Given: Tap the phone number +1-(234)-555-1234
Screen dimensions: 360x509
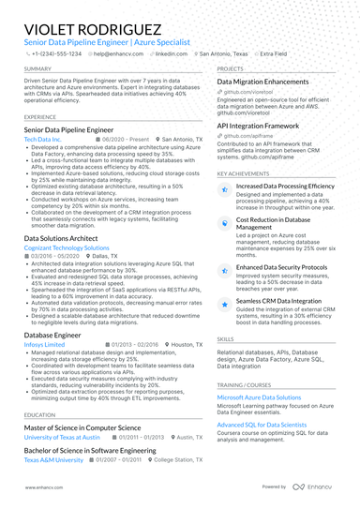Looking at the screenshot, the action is tap(54, 54).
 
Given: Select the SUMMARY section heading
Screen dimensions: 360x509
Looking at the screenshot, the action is tap(37, 69).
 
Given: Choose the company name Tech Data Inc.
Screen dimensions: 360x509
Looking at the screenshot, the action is tap(43, 139).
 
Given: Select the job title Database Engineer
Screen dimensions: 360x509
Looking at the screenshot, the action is tap(52, 334).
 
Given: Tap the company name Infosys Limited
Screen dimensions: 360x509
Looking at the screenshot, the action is tap(44, 344).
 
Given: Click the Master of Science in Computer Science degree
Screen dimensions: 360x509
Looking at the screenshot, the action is tap(82, 427).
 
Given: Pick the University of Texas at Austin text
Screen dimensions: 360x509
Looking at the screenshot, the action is tap(62, 438).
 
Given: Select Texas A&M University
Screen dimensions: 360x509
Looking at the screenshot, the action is tap(53, 460).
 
